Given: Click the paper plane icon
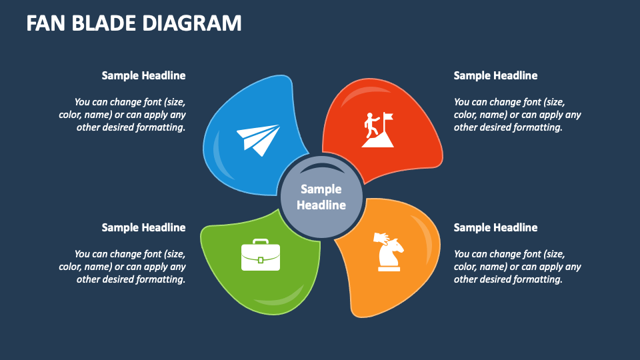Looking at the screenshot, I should click(x=258, y=139).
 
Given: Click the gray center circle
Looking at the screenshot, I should click(x=321, y=197).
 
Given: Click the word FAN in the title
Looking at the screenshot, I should click(x=49, y=24).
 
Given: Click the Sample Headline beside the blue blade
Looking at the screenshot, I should click(x=143, y=76).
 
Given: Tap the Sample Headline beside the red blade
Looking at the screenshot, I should click(x=495, y=76).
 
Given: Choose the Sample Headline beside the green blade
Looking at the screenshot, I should click(x=143, y=228).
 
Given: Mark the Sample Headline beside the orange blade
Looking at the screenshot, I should click(x=495, y=228).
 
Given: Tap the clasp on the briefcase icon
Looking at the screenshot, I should click(x=260, y=258).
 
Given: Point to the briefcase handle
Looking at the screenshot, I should click(x=260, y=242).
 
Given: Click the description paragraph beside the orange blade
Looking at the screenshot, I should click(x=517, y=267).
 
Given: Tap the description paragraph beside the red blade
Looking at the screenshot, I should click(x=517, y=115).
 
